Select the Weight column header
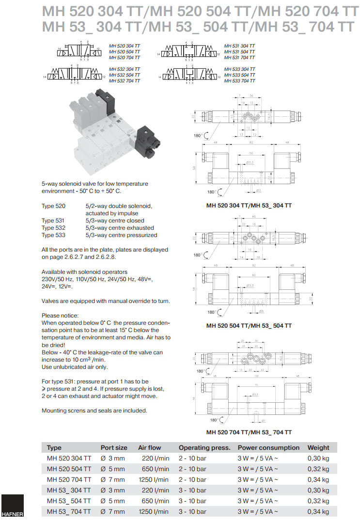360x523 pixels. pos(318,447)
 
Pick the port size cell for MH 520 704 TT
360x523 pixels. pos(112,479)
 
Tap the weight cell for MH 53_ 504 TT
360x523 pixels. pos(318,501)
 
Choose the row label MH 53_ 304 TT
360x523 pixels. pos(68,490)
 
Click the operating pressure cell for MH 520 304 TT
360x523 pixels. pos(192,458)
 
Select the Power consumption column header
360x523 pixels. pos(268,447)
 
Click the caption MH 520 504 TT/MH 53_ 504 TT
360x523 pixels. pos(249,325)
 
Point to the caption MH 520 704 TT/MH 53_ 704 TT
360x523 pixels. pos(249,432)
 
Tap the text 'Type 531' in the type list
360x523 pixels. pos(54,221)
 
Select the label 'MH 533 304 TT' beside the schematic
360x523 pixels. pos(239,69)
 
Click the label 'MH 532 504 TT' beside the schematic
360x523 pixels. pos(125,75)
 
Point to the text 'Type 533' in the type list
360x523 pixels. pos(54,235)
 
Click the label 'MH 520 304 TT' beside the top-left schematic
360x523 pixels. pos(125,46)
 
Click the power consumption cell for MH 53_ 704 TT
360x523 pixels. pos(258,511)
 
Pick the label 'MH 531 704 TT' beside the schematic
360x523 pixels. pos(239,57)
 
